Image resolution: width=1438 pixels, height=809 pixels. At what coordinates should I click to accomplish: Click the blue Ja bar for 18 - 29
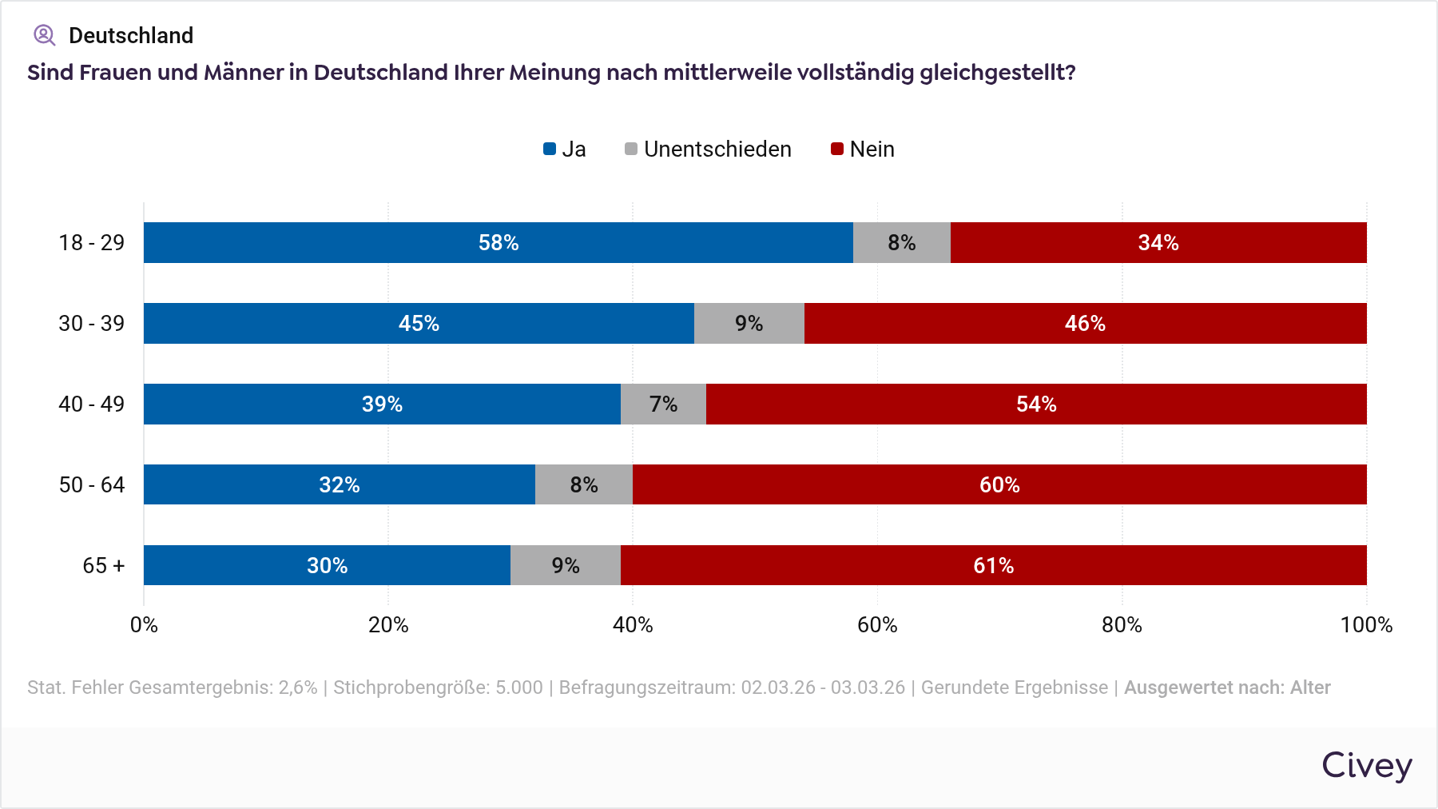[498, 242]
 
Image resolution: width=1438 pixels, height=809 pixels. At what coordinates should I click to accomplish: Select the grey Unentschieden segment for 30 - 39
[749, 323]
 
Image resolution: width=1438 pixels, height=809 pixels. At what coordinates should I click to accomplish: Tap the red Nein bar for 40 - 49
[1036, 404]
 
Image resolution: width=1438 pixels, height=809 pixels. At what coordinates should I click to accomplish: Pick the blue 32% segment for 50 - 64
[339, 484]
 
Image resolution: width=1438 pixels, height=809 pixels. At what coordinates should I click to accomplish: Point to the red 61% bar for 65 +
[993, 565]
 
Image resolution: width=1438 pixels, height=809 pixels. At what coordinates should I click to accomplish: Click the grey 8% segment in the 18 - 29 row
[901, 242]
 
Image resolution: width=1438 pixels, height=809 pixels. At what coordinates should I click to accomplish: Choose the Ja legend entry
[565, 149]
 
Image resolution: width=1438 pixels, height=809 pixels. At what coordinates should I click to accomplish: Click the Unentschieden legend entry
[708, 149]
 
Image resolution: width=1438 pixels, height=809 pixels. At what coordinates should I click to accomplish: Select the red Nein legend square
[837, 149]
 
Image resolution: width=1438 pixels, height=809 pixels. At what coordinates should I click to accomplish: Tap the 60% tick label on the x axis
[877, 625]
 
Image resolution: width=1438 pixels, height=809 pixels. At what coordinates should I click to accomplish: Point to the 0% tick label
[144, 625]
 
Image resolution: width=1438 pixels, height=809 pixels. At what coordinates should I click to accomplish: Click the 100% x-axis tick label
[1366, 625]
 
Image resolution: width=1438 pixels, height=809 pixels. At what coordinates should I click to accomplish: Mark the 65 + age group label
[104, 566]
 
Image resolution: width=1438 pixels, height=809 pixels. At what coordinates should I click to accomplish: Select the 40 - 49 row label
[92, 404]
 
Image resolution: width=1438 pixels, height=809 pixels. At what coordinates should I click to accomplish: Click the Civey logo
[1366, 766]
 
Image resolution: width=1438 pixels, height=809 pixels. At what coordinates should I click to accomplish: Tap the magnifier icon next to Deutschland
[44, 35]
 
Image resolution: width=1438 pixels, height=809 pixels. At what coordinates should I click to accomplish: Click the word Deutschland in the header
[131, 36]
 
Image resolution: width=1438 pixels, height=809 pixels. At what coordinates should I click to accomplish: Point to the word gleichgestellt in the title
[996, 73]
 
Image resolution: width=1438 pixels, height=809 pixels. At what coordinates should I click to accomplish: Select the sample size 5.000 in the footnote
[518, 687]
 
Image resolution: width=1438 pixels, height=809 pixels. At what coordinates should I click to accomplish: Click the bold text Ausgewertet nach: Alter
[1227, 687]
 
